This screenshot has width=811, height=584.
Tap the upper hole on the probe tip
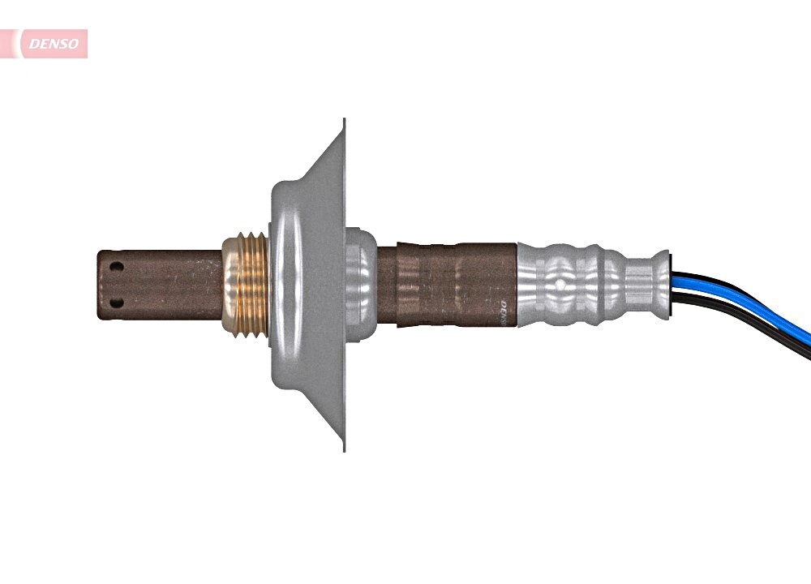(x=117, y=267)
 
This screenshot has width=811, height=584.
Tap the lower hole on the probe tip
(x=117, y=303)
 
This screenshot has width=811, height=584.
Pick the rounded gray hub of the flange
(x=285, y=284)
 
